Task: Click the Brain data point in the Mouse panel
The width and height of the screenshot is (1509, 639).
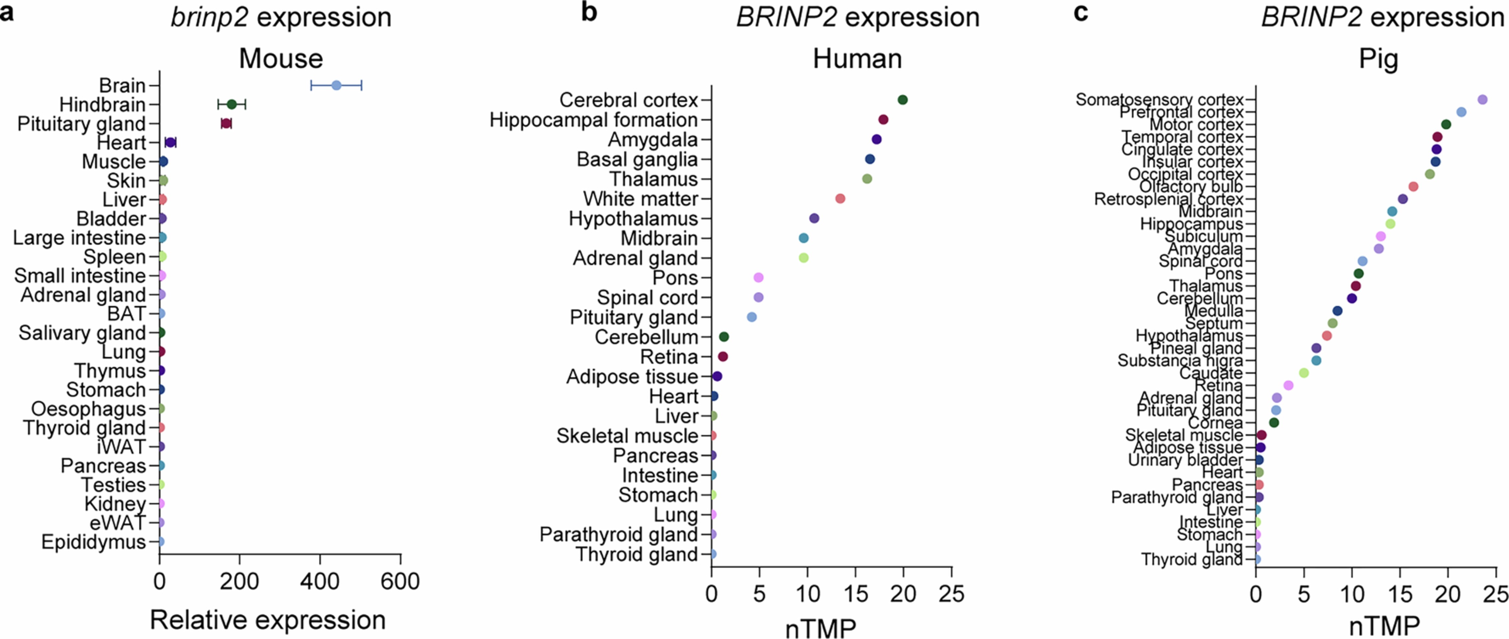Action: tap(336, 86)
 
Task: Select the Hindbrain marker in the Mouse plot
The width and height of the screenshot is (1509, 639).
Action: tap(231, 104)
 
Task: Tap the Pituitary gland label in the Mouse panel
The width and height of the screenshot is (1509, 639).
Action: tap(82, 124)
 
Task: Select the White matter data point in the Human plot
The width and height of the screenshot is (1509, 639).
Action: tap(840, 199)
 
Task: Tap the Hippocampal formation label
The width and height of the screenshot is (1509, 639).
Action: tap(593, 120)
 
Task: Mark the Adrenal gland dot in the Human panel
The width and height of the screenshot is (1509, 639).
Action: tap(804, 258)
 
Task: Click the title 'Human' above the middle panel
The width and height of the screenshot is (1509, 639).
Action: tap(857, 59)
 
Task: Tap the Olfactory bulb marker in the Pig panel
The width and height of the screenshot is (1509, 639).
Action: tap(1413, 186)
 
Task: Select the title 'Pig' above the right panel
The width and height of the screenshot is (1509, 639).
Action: tap(1378, 59)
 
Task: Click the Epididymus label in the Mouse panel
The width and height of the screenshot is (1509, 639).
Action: tap(93, 542)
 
